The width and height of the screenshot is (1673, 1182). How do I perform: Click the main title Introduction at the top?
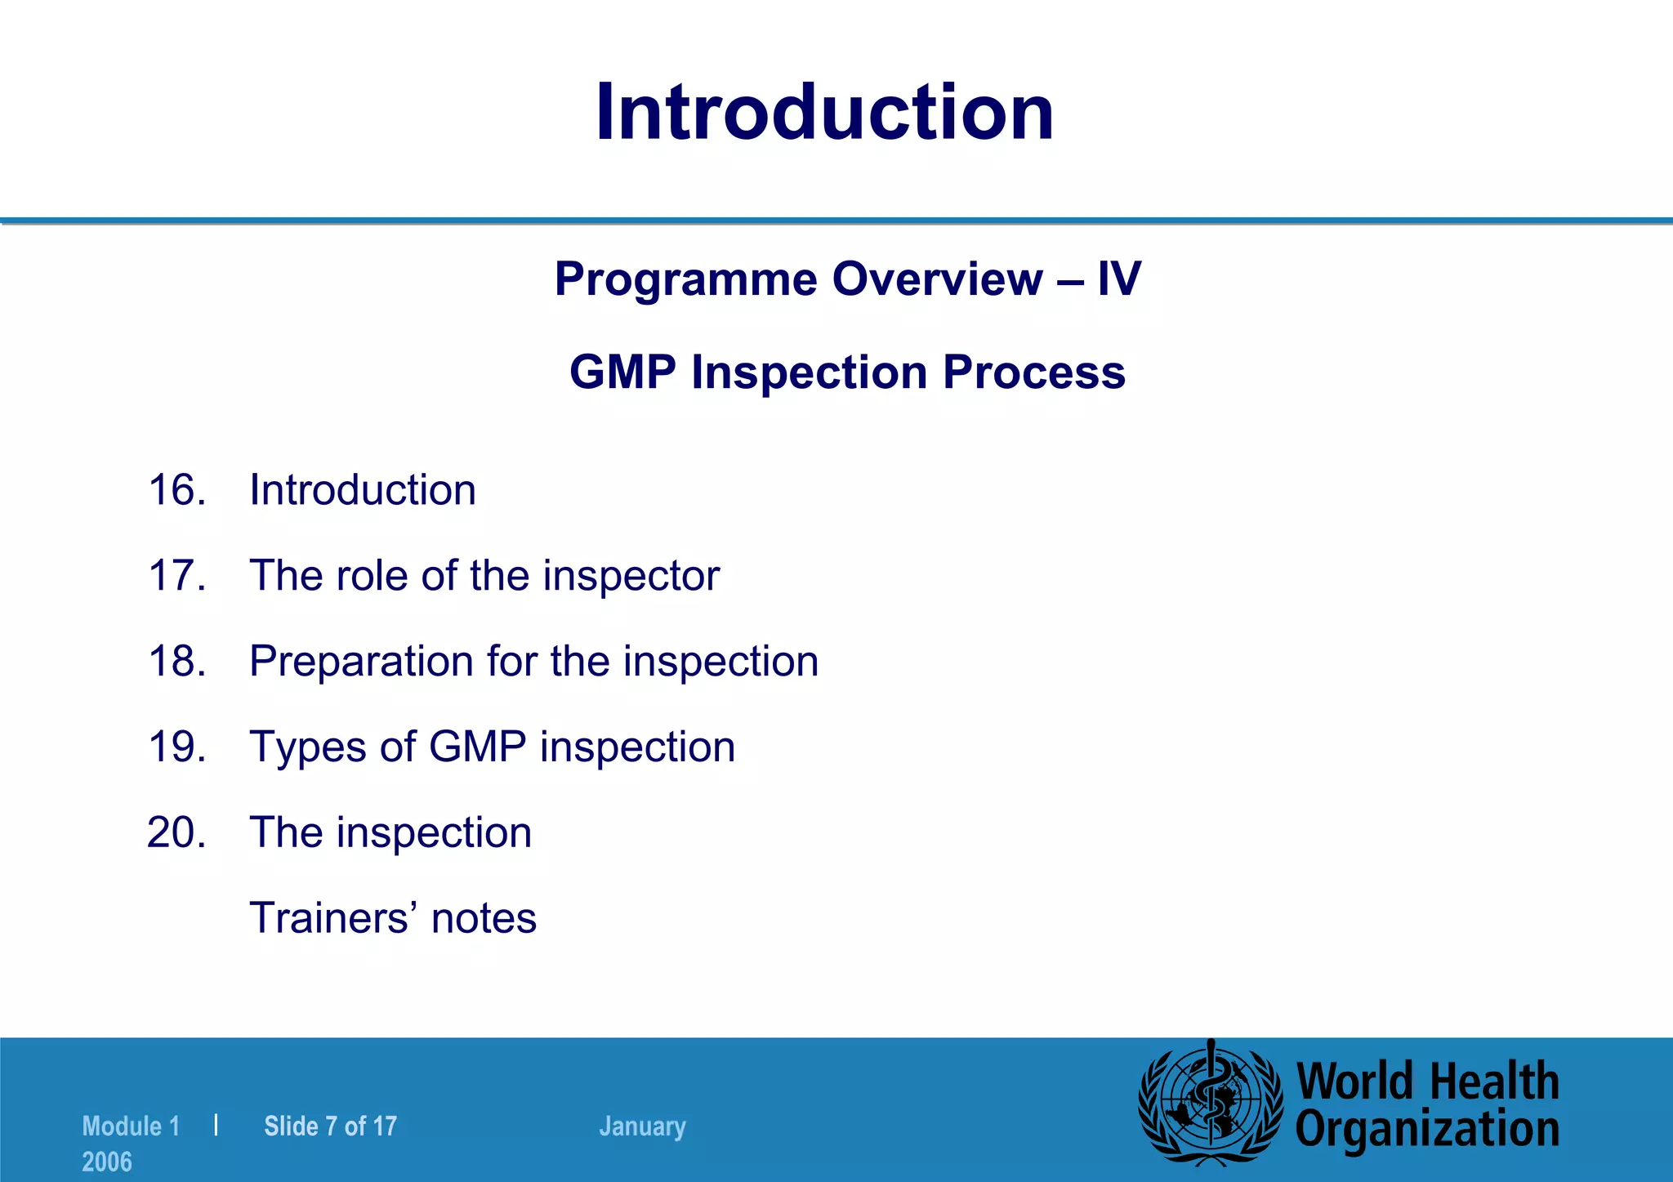[x=825, y=113]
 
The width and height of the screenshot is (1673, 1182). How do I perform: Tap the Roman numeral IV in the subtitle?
[x=1118, y=279]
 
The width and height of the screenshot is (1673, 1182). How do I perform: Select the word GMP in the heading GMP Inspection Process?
[x=622, y=372]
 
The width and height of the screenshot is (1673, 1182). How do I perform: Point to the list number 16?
[x=176, y=490]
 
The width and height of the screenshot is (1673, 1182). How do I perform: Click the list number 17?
[x=176, y=576]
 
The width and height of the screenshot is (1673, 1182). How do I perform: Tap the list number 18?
[x=176, y=661]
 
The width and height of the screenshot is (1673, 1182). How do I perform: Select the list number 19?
[x=176, y=747]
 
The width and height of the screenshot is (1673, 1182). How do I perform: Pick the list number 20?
[x=176, y=832]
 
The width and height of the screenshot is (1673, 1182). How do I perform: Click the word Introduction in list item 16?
[x=363, y=490]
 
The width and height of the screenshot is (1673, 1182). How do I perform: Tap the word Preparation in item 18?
[x=361, y=662]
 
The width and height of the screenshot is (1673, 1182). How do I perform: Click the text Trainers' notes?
[x=393, y=918]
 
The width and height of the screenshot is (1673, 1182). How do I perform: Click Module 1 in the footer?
[x=131, y=1126]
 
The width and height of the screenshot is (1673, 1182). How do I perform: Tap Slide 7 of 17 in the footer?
[x=330, y=1126]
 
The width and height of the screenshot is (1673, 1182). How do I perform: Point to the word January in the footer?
[x=642, y=1126]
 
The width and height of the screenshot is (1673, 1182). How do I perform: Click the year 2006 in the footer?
[x=107, y=1162]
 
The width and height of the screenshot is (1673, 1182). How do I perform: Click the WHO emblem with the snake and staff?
[x=1210, y=1102]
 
